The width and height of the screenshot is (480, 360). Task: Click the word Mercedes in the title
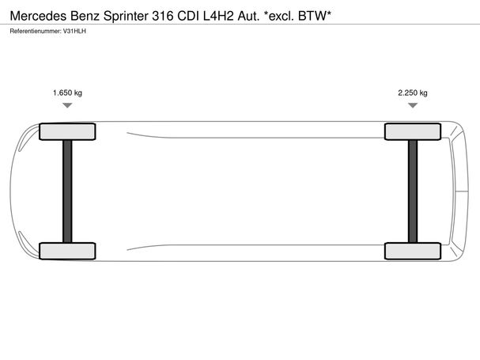[x=38, y=16]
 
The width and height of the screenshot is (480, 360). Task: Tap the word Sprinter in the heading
[x=126, y=17]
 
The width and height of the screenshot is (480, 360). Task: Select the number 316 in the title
[x=163, y=16]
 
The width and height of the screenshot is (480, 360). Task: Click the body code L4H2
[x=218, y=16]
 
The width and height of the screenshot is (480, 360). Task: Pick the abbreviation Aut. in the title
[x=248, y=16]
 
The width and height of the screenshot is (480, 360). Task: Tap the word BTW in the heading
[x=312, y=16]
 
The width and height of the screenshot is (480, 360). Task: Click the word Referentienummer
[x=36, y=31]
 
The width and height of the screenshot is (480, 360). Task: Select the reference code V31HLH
[x=74, y=31]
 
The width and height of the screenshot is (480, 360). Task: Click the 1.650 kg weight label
[x=67, y=93]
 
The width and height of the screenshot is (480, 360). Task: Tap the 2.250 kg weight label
[x=413, y=93]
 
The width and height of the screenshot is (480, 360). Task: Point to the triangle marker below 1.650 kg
[x=67, y=105]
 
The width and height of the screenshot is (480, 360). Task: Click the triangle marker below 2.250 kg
[x=413, y=105]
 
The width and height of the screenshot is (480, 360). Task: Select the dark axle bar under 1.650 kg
[x=67, y=191]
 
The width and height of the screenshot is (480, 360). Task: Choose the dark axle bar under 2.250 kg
[x=413, y=191]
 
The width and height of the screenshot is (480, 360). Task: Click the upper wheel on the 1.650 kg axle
[x=67, y=131]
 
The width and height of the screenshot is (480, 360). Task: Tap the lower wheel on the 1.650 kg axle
[x=67, y=251]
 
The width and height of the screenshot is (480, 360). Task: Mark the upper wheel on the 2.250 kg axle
[x=413, y=131]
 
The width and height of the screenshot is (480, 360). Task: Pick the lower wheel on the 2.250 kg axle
[x=413, y=251]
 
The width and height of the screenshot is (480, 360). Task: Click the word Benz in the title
[x=85, y=16]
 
